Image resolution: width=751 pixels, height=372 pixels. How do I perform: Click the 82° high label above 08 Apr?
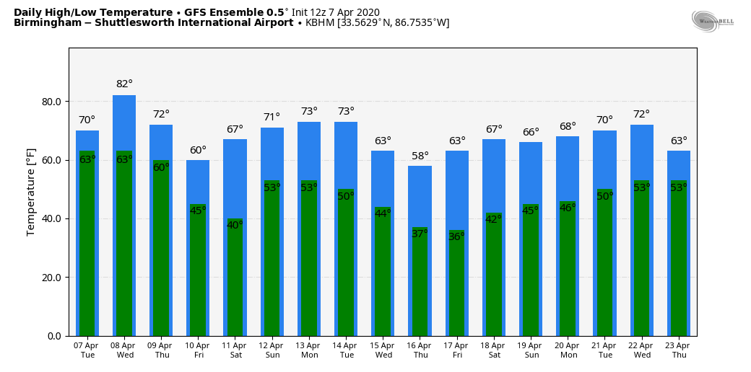click(x=124, y=84)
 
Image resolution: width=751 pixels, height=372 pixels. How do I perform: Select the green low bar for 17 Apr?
click(x=457, y=288)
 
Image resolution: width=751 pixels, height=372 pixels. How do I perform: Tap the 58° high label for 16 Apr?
click(x=420, y=156)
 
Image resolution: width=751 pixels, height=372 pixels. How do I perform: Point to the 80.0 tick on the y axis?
click(x=51, y=102)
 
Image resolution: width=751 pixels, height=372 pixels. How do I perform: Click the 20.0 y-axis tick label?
click(x=51, y=278)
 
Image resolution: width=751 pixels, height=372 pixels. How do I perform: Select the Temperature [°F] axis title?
click(x=31, y=192)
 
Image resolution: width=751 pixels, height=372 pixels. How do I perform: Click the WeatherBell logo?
click(x=712, y=21)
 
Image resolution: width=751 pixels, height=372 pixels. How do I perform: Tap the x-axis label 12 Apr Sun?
click(x=272, y=350)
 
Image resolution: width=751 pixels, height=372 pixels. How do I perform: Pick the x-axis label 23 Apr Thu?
click(x=679, y=350)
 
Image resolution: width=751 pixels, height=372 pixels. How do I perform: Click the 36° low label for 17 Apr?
click(x=457, y=237)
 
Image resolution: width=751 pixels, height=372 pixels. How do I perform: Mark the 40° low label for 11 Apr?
click(x=235, y=226)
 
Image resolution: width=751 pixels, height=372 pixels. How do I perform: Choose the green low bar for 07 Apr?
click(x=87, y=252)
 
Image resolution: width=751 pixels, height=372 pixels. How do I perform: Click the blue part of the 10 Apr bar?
click(x=198, y=180)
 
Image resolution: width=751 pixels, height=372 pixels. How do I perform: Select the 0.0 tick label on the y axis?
click(x=54, y=336)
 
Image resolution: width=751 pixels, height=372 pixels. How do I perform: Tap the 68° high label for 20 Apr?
click(x=568, y=127)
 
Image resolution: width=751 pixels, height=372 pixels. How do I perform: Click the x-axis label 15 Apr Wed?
click(x=383, y=350)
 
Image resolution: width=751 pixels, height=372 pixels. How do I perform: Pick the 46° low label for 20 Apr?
click(x=568, y=208)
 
